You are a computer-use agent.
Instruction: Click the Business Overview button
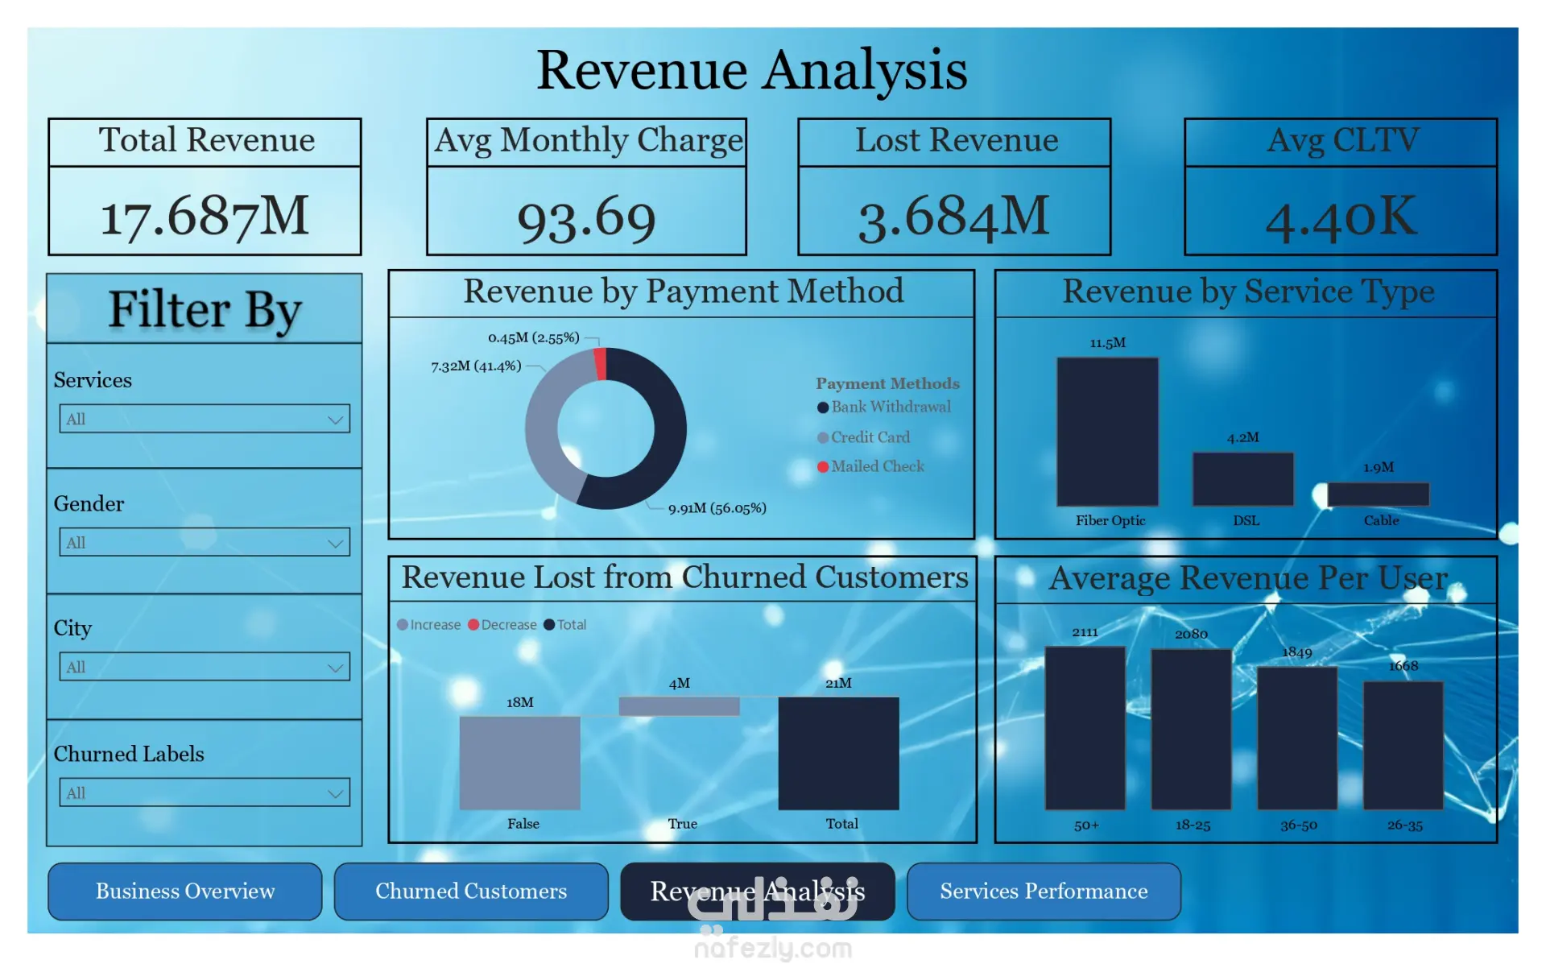[184, 891]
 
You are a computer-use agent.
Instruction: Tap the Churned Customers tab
[471, 891]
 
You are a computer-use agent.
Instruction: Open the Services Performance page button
[1044, 891]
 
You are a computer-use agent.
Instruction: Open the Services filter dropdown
[205, 419]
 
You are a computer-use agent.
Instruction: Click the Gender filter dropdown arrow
[335, 544]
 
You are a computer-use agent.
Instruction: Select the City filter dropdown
[205, 667]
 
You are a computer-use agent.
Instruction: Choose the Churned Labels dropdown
[205, 792]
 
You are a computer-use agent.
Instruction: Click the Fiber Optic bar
[1107, 432]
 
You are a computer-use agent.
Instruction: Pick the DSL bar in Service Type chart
[1242, 479]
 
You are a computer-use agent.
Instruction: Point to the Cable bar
[1378, 494]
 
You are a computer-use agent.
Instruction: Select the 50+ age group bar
[1085, 728]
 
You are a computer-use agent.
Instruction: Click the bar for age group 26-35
[1403, 746]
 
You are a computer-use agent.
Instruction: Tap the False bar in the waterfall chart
[519, 763]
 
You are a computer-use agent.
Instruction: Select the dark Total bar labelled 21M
[838, 753]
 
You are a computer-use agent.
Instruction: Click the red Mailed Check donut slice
[600, 364]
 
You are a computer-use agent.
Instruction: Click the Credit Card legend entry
[870, 437]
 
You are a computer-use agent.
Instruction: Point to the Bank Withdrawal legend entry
[890, 408]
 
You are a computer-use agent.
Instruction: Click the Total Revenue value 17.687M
[205, 216]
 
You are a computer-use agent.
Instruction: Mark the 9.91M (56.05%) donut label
[717, 508]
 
